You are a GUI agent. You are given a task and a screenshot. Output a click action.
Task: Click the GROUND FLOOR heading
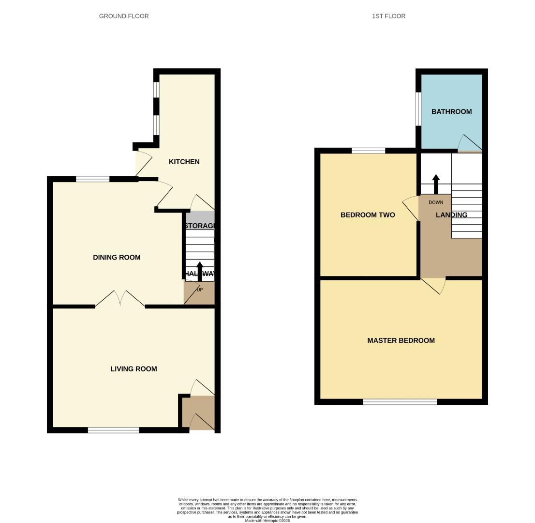click(124, 16)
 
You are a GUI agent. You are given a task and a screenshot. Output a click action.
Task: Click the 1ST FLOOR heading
click(388, 16)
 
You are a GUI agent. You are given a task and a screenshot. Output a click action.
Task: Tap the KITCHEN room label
click(184, 162)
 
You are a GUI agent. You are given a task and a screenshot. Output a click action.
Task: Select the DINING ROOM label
click(117, 258)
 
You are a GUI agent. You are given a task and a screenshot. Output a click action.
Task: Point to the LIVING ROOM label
click(134, 369)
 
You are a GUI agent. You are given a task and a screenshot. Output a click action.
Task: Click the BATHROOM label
click(451, 112)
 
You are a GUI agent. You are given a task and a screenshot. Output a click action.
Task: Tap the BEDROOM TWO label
click(368, 215)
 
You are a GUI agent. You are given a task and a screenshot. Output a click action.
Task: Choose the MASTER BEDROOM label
click(401, 340)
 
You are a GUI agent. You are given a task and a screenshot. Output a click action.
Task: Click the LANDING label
click(451, 215)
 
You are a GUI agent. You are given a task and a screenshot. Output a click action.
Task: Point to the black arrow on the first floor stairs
click(436, 184)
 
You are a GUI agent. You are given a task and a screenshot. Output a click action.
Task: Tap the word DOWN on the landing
click(435, 202)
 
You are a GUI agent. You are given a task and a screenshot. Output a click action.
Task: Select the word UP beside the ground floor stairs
click(199, 290)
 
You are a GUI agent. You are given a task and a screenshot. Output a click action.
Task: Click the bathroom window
click(418, 108)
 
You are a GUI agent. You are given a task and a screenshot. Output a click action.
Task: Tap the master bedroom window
click(400, 401)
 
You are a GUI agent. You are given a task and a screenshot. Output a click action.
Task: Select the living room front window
click(113, 430)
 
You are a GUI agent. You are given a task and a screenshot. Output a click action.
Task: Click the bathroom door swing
click(469, 143)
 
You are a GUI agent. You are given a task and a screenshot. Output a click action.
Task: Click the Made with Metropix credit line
click(267, 521)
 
